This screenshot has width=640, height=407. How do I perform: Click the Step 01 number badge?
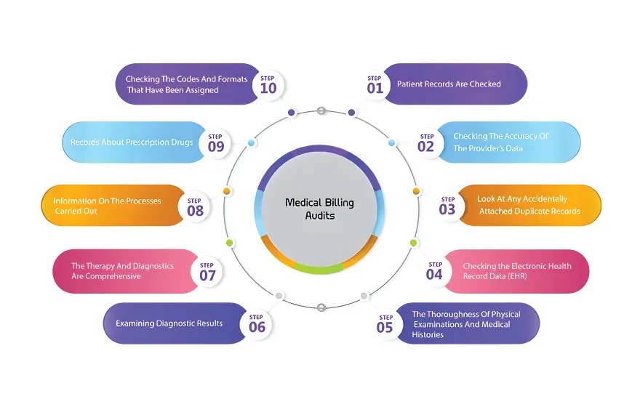375,84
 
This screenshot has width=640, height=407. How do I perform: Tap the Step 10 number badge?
268,84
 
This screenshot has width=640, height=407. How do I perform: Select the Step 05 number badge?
385,323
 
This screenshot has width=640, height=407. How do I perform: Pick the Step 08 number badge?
194,207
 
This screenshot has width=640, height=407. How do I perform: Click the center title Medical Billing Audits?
319,209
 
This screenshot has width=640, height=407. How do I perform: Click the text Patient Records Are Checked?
449,84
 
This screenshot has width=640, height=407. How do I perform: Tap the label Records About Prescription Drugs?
132,142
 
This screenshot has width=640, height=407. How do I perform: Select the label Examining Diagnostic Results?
169,323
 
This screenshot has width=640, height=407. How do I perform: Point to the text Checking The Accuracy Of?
500,136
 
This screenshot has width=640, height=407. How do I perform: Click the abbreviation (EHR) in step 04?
517,277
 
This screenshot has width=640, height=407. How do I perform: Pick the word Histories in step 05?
428,335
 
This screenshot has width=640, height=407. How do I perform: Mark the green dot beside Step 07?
229,243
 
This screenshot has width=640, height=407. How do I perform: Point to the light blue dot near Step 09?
251,143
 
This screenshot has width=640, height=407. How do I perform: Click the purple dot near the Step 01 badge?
351,113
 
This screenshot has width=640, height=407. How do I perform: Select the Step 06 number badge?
257,323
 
